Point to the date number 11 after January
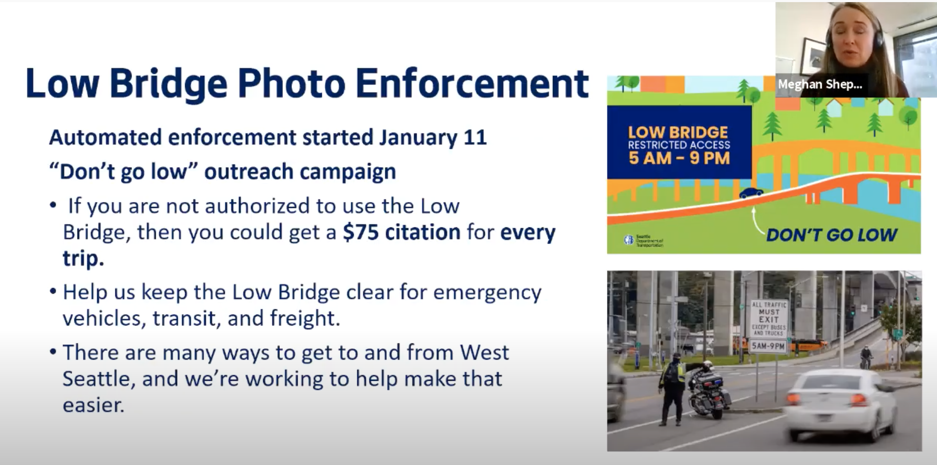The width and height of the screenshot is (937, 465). coord(475,137)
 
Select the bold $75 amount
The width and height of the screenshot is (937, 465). coord(361,232)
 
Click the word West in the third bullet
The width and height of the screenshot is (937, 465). coord(484,352)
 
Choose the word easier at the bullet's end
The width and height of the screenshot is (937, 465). coord(93,405)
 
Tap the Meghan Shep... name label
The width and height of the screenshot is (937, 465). coord(820,84)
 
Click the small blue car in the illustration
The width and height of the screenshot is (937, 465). coord(751,193)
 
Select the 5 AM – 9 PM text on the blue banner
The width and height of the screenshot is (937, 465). coord(679,158)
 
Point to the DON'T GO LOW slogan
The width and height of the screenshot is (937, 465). coord(832,235)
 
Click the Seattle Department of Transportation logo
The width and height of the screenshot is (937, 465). coord(644,240)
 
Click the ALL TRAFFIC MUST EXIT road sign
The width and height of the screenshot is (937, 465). coord(769,318)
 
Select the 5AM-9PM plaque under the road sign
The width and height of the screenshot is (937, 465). coord(768,346)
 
